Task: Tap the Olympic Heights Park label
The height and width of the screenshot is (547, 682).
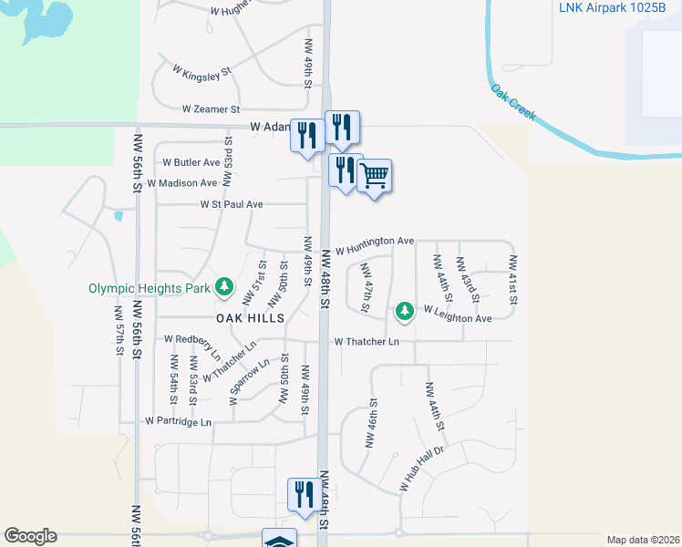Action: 150,288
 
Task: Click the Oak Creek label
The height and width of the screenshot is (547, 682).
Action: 513,105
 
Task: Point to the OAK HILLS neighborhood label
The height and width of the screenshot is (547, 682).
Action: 251,318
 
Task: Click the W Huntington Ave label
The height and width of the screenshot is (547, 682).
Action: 375,244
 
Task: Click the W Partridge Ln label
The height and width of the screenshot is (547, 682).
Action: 179,422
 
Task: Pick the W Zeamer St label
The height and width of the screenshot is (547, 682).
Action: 210,108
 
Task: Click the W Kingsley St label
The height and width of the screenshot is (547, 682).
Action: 201,72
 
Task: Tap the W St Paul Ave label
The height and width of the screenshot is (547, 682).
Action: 232,205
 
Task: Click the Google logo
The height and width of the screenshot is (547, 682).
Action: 31,536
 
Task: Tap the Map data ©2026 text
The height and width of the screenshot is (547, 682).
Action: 642,540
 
